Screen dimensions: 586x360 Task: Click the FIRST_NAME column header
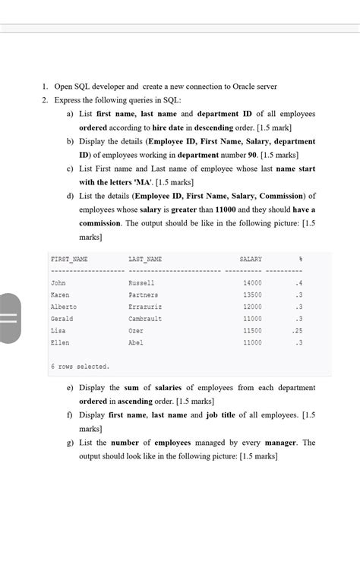tap(69, 260)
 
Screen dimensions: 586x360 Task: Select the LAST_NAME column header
tap(145, 260)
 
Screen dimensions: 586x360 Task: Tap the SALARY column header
tap(251, 260)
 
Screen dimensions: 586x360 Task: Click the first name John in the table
tap(58, 283)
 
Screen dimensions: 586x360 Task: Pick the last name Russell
tap(142, 283)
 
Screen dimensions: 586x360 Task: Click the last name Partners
tap(144, 295)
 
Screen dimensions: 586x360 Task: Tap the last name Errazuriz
tap(146, 307)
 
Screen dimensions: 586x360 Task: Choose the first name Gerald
tap(62, 319)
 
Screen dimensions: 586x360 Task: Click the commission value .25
tap(298, 331)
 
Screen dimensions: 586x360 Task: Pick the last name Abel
tap(137, 343)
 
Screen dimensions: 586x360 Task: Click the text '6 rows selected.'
tap(80, 367)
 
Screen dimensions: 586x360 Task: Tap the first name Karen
tap(59, 295)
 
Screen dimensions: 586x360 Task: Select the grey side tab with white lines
tap(8, 317)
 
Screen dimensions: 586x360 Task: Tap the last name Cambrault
tap(145, 319)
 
